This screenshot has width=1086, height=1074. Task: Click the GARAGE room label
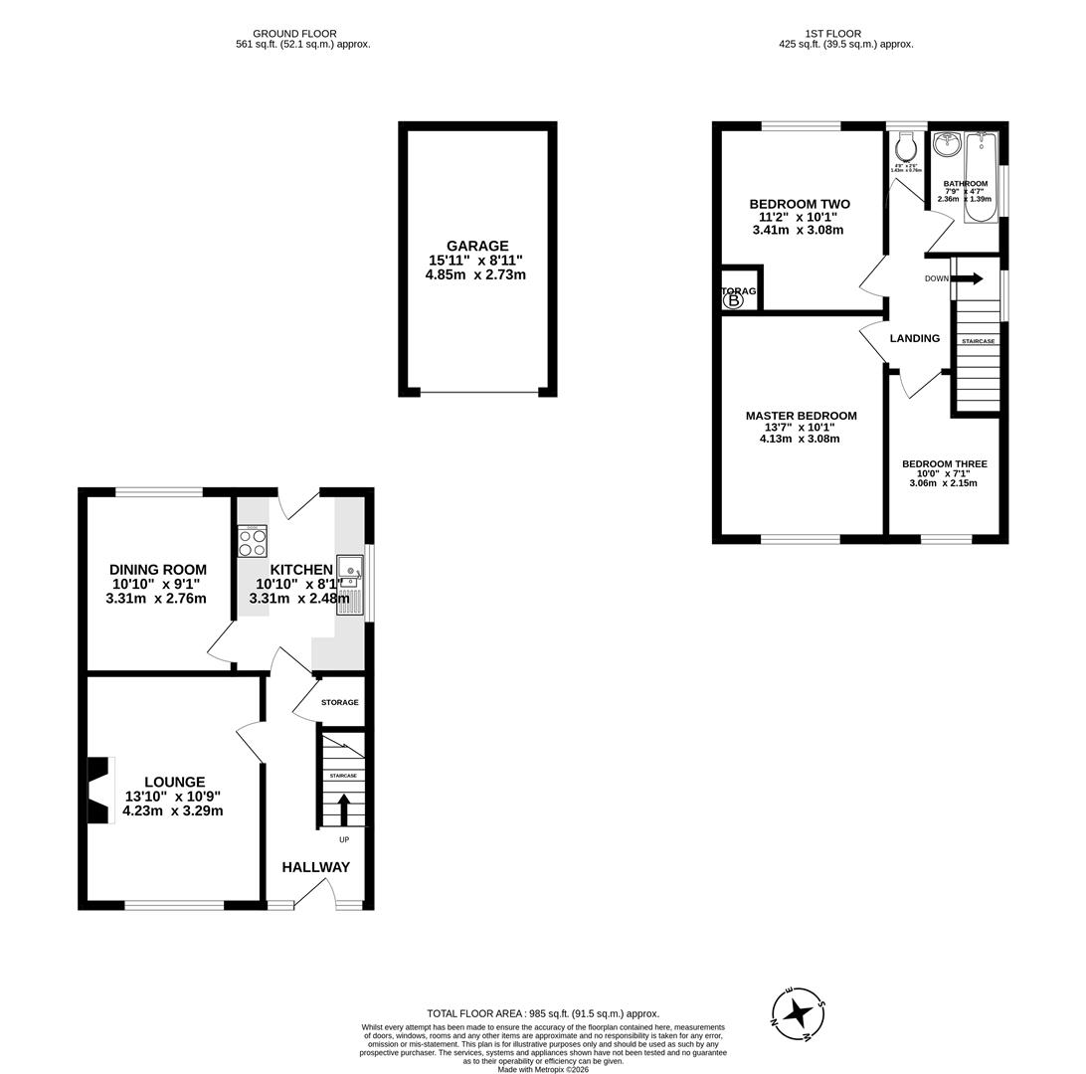(476, 246)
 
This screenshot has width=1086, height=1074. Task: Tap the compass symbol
(798, 1013)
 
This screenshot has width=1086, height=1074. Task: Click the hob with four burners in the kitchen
(252, 542)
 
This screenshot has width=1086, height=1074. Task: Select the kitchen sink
(350, 570)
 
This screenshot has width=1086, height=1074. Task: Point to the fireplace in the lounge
(99, 791)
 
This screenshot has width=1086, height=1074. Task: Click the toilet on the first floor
(905, 149)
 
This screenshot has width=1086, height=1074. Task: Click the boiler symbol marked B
(734, 299)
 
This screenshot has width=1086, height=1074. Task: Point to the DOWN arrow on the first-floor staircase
(967, 278)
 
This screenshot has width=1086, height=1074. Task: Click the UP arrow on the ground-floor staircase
(344, 808)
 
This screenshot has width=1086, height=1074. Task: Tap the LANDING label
(914, 338)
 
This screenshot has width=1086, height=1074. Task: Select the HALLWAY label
(315, 867)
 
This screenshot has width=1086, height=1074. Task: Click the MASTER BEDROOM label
(801, 416)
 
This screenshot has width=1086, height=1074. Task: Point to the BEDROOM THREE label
(944, 463)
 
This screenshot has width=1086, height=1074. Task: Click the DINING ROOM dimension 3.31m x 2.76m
(156, 599)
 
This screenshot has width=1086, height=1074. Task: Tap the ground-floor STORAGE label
(339, 702)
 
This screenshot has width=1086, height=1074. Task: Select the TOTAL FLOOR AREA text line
(542, 1013)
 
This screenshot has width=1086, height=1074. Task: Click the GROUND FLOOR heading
(294, 34)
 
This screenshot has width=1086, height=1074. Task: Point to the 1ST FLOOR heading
(833, 34)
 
